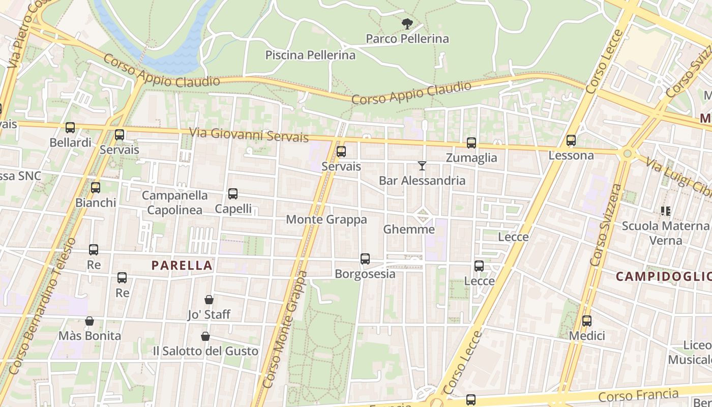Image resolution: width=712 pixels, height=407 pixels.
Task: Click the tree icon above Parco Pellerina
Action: (x=407, y=23)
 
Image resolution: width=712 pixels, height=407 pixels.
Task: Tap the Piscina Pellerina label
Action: (x=310, y=55)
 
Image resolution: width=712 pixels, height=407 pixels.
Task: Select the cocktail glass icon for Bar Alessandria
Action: (x=422, y=166)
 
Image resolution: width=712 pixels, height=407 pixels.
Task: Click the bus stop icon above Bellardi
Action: (x=70, y=128)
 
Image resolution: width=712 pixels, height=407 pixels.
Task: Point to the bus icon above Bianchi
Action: (x=96, y=188)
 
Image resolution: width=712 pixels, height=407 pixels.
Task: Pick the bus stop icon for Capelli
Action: (x=233, y=194)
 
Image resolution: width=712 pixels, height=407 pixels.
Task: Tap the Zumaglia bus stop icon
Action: (x=471, y=143)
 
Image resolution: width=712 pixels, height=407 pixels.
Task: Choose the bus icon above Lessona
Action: (x=571, y=140)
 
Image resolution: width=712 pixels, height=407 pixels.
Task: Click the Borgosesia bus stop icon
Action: (x=365, y=259)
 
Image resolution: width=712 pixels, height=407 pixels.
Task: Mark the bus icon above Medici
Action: (x=587, y=321)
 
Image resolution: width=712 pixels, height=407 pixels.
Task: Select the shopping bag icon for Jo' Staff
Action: (x=209, y=300)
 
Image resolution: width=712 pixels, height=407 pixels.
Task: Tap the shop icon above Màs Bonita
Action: (x=90, y=321)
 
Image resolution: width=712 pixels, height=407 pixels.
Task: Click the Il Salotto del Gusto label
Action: (x=205, y=351)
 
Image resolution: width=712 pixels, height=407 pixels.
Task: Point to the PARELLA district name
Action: (x=182, y=265)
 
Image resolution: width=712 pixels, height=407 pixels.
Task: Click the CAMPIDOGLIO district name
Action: (x=663, y=276)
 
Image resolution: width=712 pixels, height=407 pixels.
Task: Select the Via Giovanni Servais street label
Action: (x=249, y=135)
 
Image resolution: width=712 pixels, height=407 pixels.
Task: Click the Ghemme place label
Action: (x=409, y=229)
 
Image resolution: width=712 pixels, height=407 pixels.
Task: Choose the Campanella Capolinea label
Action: (x=174, y=202)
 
